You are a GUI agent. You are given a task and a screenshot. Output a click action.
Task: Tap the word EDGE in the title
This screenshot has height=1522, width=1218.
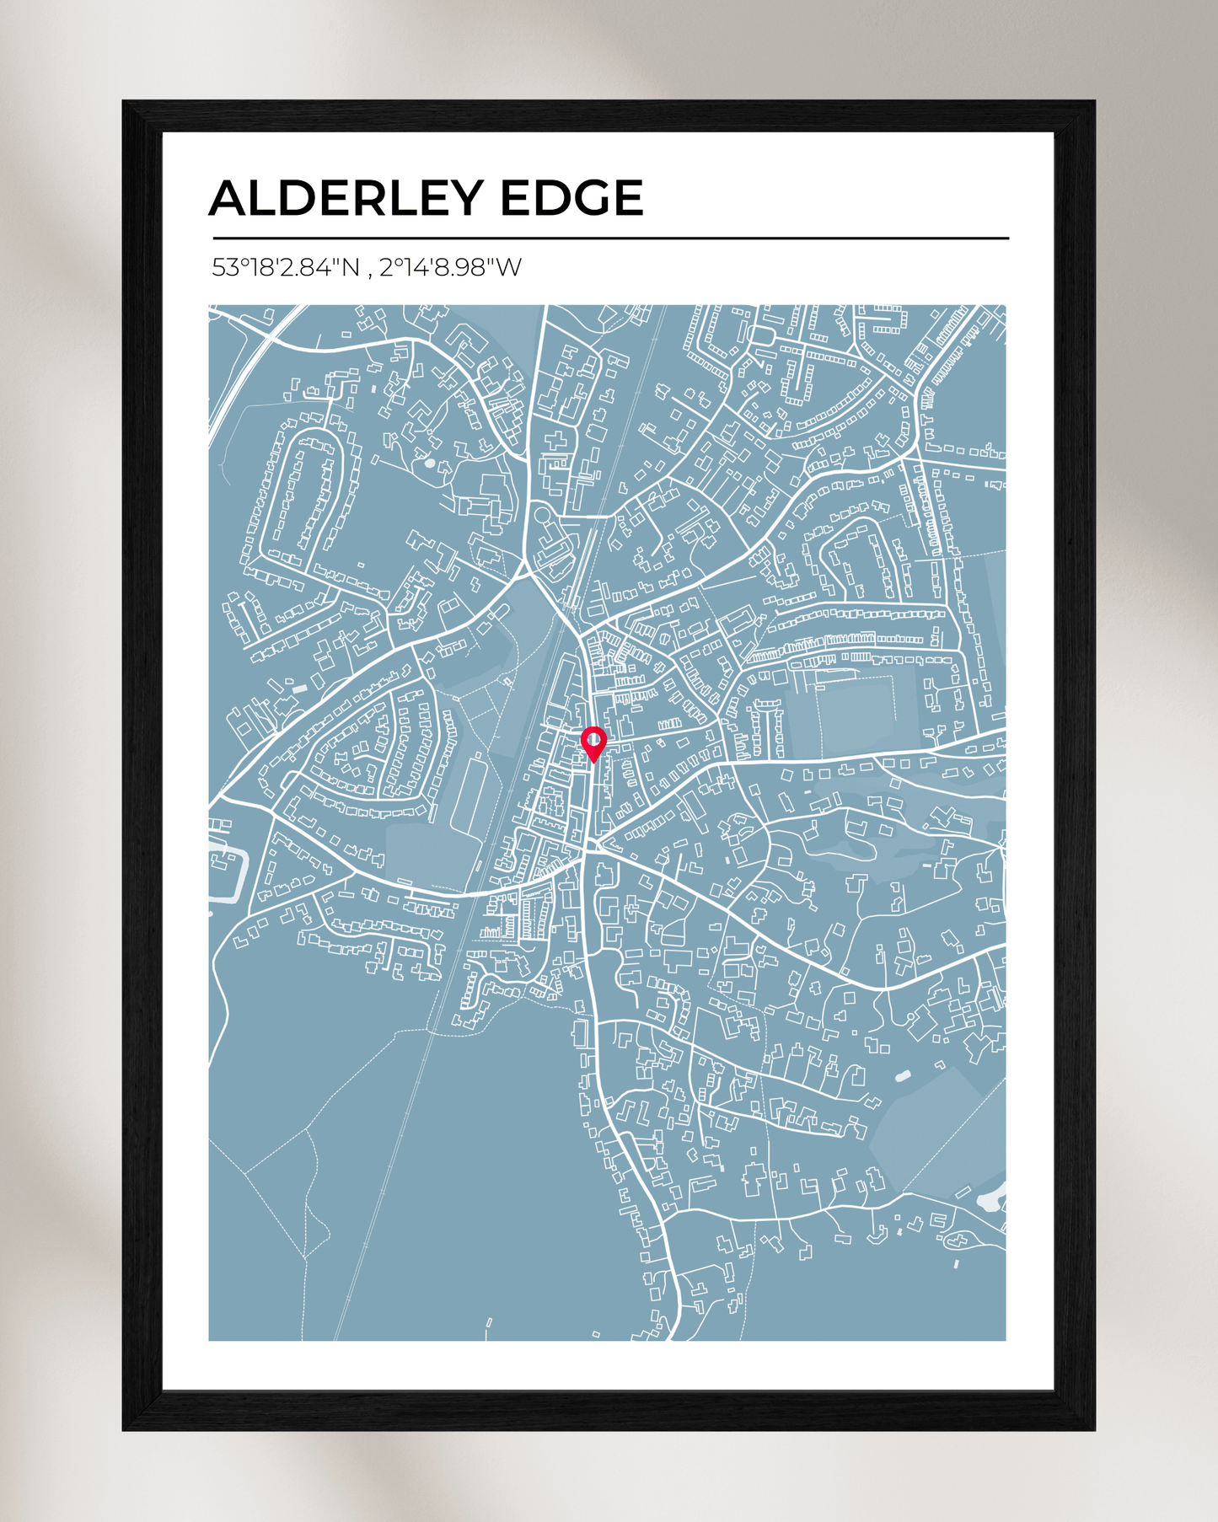click(x=571, y=198)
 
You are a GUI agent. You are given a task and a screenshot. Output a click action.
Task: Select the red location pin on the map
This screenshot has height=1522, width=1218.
click(x=593, y=742)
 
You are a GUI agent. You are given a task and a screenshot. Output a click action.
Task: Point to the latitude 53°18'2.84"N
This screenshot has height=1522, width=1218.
click(x=286, y=268)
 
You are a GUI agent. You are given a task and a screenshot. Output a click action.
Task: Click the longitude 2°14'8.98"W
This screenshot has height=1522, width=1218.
click(x=450, y=268)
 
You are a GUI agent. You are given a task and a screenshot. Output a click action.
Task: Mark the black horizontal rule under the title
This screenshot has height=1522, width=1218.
click(x=610, y=238)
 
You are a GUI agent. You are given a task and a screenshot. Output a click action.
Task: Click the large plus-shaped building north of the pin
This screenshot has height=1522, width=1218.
click(x=555, y=440)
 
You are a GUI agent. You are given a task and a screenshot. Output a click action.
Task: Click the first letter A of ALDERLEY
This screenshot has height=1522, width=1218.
click(x=227, y=198)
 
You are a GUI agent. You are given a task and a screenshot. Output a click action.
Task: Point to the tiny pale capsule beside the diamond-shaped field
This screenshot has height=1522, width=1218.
click(x=903, y=1076)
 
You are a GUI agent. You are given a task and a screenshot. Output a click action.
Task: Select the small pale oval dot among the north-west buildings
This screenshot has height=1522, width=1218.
click(x=430, y=463)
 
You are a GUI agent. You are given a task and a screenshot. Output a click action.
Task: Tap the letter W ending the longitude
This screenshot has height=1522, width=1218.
click(x=508, y=268)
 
